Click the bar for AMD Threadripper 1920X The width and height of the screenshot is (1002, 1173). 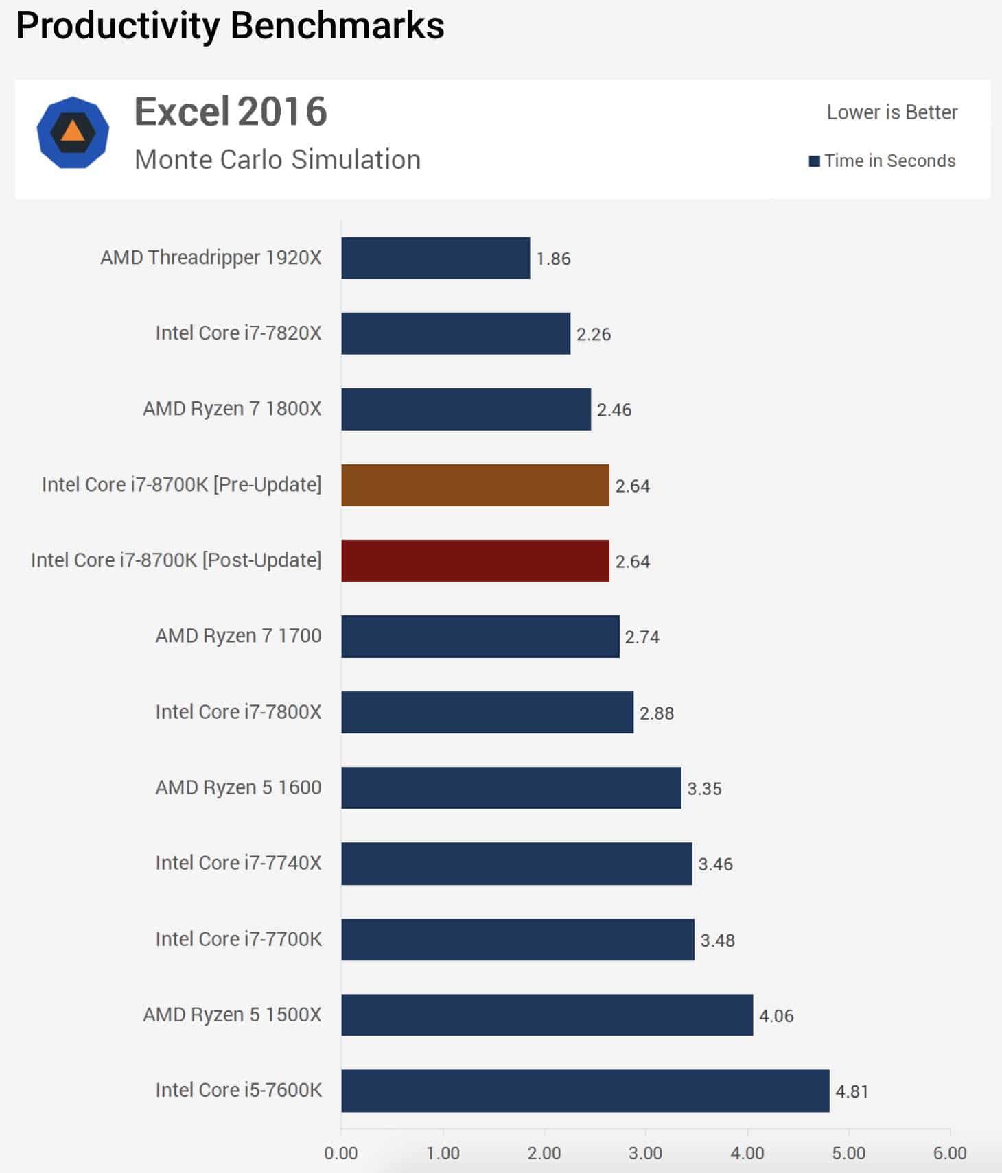pyautogui.click(x=435, y=258)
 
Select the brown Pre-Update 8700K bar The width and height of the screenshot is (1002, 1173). pyautogui.click(x=475, y=485)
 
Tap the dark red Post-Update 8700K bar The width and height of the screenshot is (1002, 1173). pyautogui.click(x=475, y=560)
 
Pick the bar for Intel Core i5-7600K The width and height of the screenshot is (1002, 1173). pyautogui.click(x=585, y=1090)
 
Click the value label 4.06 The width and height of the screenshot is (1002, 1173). pyautogui.click(x=776, y=1015)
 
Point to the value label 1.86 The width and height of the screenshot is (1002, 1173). pyautogui.click(x=553, y=259)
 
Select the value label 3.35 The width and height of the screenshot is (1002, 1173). pyautogui.click(x=704, y=788)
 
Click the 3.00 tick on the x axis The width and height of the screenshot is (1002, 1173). pyautogui.click(x=645, y=1152)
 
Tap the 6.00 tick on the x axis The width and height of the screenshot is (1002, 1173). pyautogui.click(x=949, y=1152)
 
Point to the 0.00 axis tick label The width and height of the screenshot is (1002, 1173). pyautogui.click(x=341, y=1152)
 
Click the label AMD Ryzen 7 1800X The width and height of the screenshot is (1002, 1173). pyautogui.click(x=232, y=409)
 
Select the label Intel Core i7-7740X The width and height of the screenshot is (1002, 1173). pyautogui.click(x=238, y=863)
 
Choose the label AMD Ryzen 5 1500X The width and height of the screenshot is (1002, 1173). pyautogui.click(x=232, y=1015)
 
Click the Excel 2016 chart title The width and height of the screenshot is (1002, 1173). pyautogui.click(x=231, y=112)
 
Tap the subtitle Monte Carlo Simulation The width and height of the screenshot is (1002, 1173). pyautogui.click(x=277, y=160)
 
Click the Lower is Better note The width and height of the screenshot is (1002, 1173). pyautogui.click(x=892, y=112)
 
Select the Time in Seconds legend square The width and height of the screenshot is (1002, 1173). pyautogui.click(x=815, y=161)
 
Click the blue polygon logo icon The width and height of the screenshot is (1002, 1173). pyautogui.click(x=73, y=132)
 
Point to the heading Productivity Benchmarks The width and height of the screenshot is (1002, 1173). pyautogui.click(x=230, y=26)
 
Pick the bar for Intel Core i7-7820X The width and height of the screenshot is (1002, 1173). pyautogui.click(x=456, y=333)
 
